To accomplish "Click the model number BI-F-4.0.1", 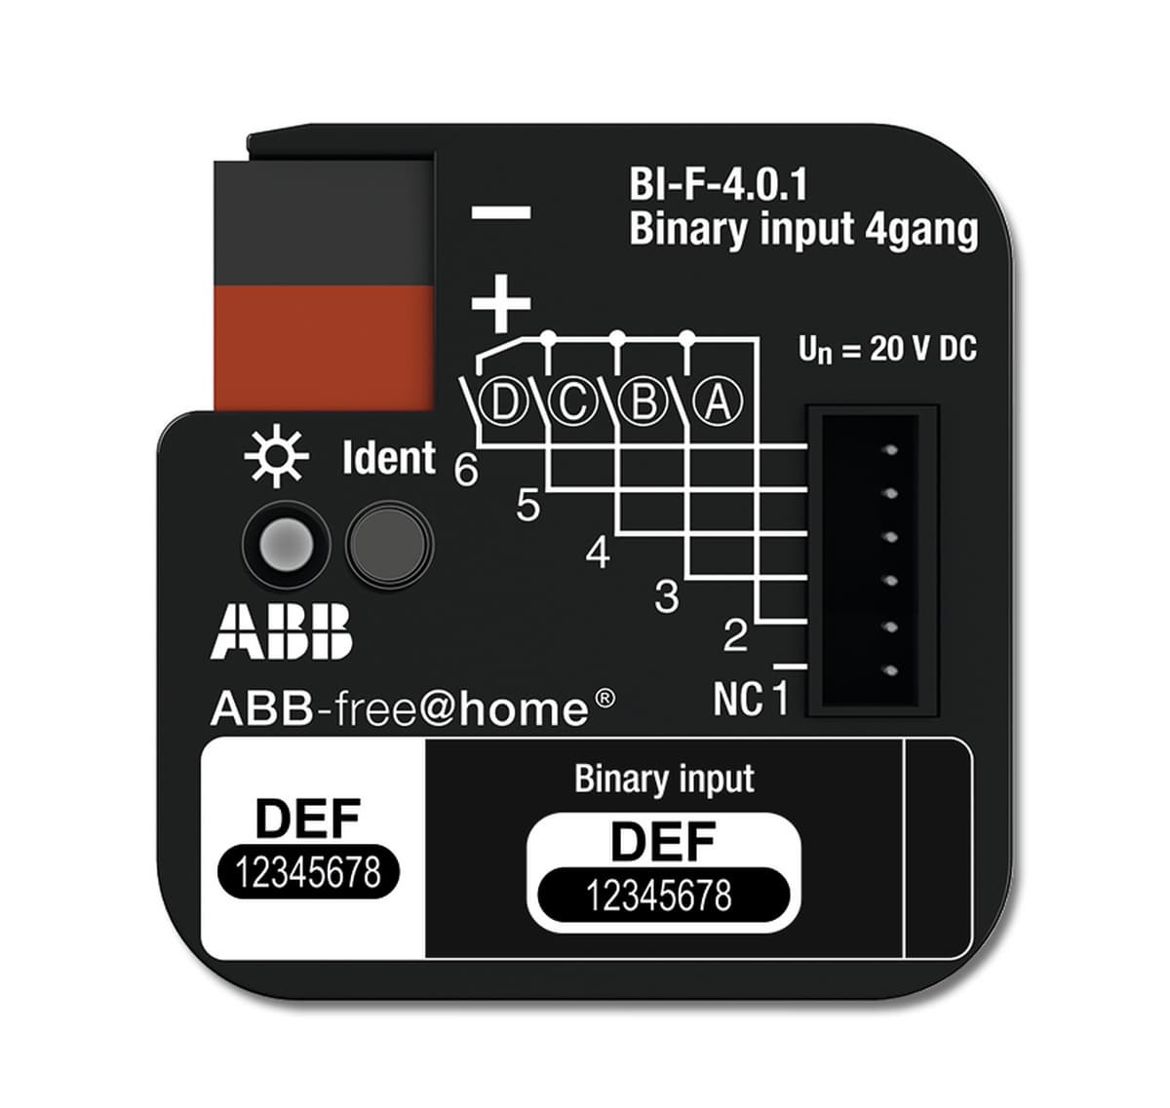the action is point(719,184).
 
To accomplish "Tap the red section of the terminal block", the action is point(323,348).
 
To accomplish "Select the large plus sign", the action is point(501,303).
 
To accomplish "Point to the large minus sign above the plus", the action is point(501,212).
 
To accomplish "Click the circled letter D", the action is point(503,402).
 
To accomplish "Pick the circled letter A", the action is point(718,402).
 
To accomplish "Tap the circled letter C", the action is point(573,402).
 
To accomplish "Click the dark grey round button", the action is point(389,545).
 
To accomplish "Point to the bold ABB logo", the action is point(281,631).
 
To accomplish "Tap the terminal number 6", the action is point(466,470).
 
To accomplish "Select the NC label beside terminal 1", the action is point(738,698).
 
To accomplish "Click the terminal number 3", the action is point(667,596).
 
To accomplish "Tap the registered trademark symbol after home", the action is point(605,697).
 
